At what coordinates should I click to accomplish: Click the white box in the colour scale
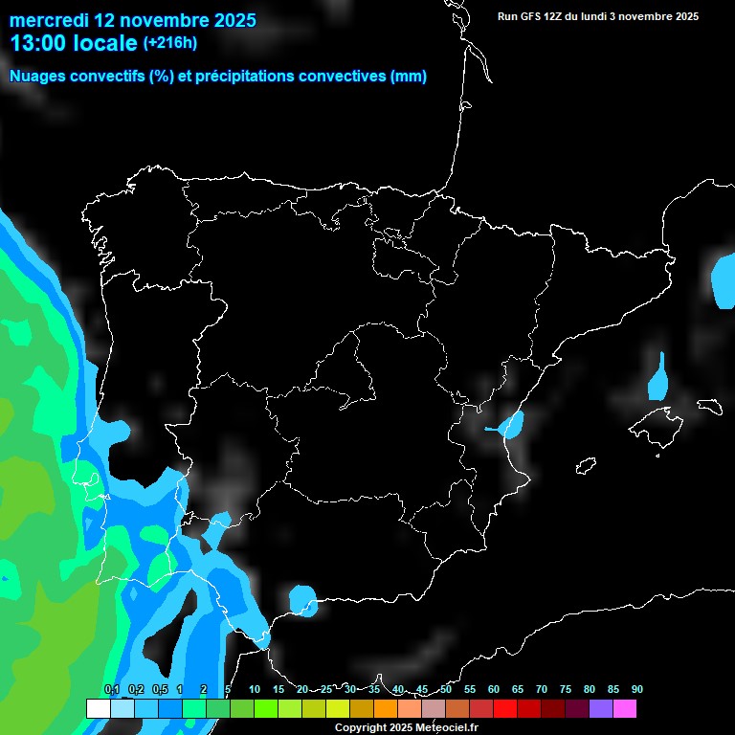tap(98, 709)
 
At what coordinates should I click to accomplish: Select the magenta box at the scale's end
tap(624, 709)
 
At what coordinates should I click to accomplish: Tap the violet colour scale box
tap(600, 709)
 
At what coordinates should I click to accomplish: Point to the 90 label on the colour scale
tap(636, 690)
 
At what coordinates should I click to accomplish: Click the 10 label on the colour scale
tap(255, 690)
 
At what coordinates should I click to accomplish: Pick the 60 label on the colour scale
tap(494, 690)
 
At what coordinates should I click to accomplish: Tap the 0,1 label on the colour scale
tap(111, 690)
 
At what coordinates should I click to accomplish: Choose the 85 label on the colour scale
tap(612, 690)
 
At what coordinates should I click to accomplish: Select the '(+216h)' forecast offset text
tap(169, 42)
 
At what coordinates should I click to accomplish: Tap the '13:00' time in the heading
tap(39, 43)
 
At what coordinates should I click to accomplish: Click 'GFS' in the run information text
tap(533, 16)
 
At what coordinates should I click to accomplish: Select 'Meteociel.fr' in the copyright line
tap(445, 727)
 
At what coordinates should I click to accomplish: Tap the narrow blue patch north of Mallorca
tap(657, 379)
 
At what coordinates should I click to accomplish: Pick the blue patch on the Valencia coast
tap(511, 424)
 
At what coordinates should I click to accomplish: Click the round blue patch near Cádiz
tap(303, 601)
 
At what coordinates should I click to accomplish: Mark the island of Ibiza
tap(587, 466)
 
